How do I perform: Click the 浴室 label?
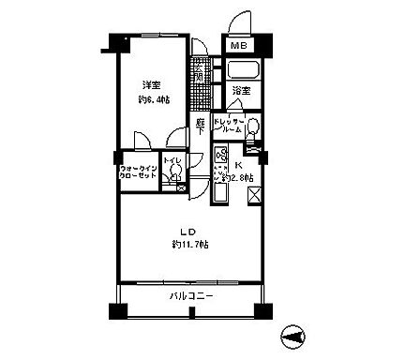pos(242,91)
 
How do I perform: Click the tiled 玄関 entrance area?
pos(201,72)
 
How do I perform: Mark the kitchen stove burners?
pos(222,155)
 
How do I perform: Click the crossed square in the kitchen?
pos(254,196)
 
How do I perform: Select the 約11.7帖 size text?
pos(190,246)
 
